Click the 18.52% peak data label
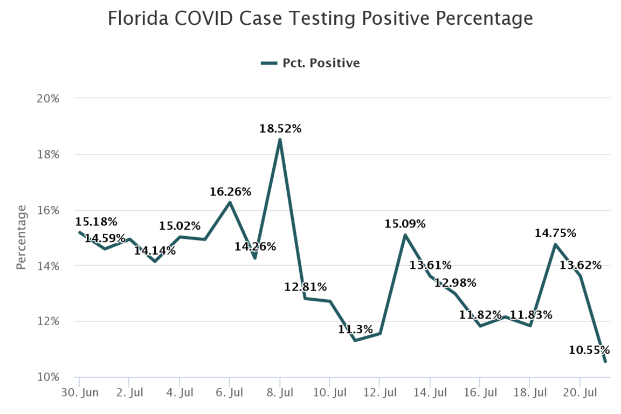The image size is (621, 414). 280,129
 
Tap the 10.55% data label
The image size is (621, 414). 589,350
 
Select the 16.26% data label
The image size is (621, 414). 231,191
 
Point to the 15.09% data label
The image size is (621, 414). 405,223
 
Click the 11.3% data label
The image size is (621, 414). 355,329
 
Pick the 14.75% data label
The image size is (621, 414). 555,233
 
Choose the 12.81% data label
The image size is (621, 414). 306,287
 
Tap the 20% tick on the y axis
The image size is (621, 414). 48,99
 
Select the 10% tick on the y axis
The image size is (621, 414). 48,377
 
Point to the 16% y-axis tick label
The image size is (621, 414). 48,210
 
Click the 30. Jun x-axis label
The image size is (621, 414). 79,392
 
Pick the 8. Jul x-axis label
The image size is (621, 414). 280,392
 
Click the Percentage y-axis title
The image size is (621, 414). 21,237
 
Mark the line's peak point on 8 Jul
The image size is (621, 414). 280,140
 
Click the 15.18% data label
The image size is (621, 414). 96,222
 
